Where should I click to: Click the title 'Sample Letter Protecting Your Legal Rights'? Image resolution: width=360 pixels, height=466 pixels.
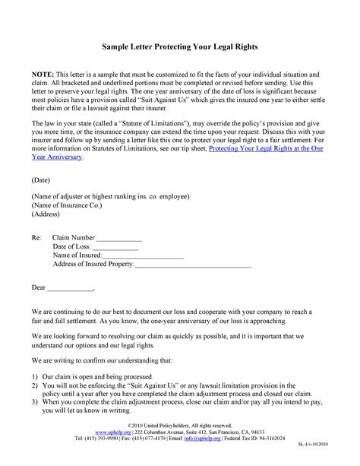tap(180, 47)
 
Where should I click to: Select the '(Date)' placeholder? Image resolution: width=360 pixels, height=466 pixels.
tap(43, 180)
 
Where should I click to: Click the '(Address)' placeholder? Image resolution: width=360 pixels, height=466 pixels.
tap(48, 215)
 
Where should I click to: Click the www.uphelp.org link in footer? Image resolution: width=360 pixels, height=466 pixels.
tap(90, 453)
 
